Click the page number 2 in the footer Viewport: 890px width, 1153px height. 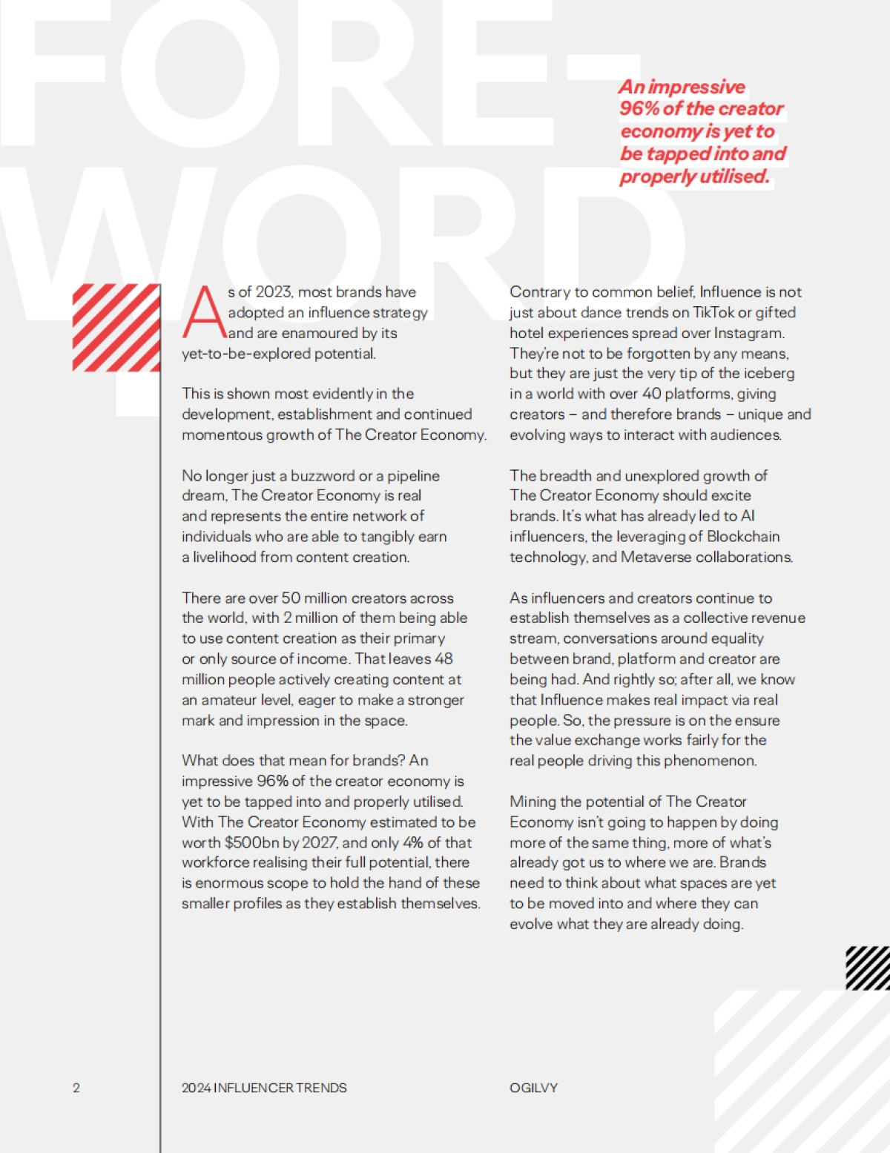coord(76,1088)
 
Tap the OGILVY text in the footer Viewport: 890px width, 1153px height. coord(533,1088)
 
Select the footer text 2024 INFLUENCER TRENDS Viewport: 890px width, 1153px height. coord(264,1088)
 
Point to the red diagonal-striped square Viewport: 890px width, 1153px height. coord(116,327)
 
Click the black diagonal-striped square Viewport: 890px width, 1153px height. coord(868,968)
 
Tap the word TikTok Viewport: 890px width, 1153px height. coord(713,312)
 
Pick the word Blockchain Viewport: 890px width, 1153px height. coord(743,536)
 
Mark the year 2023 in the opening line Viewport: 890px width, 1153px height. coord(274,292)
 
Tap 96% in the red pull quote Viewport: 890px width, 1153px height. coord(639,109)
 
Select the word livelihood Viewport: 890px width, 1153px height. coord(224,557)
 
